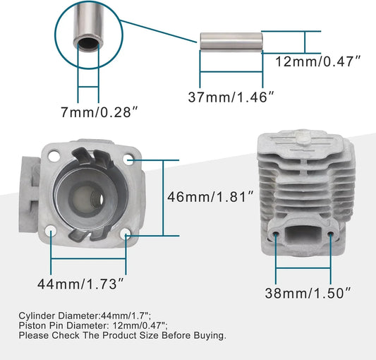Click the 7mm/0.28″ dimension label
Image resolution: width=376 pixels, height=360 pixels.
(x=99, y=112)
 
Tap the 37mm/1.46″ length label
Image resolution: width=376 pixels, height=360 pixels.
(x=231, y=97)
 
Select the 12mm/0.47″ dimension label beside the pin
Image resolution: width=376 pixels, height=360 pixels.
(x=317, y=61)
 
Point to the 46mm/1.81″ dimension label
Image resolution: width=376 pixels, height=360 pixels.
(x=210, y=197)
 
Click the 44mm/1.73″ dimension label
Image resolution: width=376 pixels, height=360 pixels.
(x=80, y=284)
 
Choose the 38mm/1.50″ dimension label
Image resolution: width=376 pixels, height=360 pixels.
(x=308, y=293)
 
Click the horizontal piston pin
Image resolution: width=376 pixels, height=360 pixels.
(x=231, y=42)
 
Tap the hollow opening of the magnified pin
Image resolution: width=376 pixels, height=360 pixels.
(x=88, y=43)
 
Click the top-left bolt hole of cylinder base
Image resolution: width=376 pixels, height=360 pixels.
(x=54, y=156)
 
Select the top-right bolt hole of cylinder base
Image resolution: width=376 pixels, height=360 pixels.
(x=128, y=160)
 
